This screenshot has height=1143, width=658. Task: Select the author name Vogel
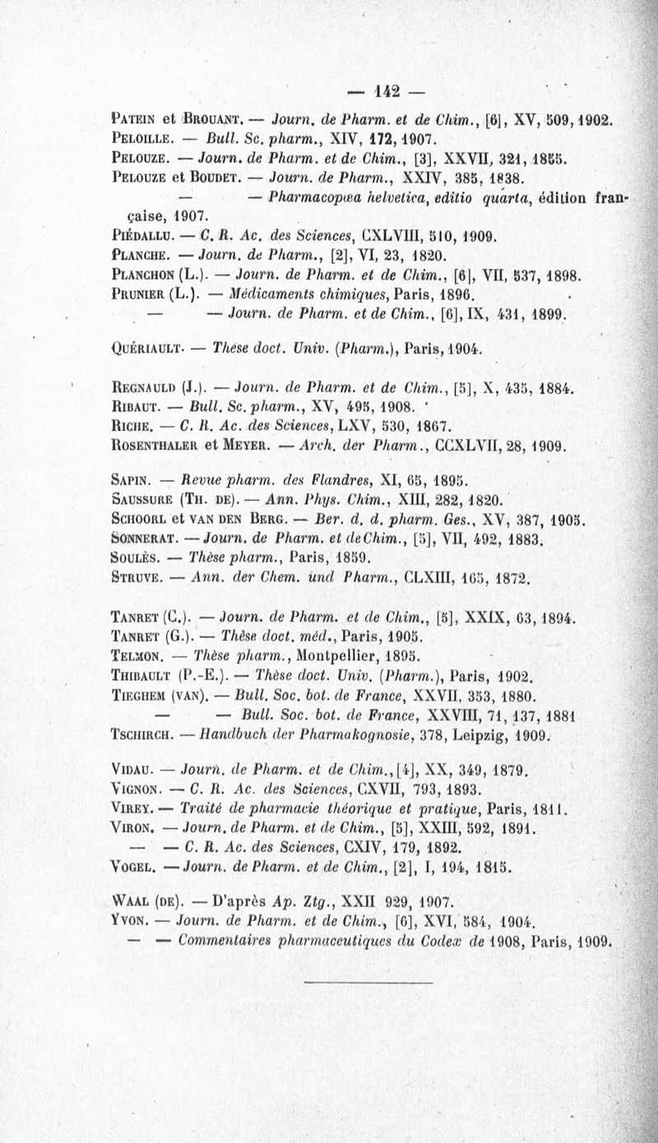(132, 864)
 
